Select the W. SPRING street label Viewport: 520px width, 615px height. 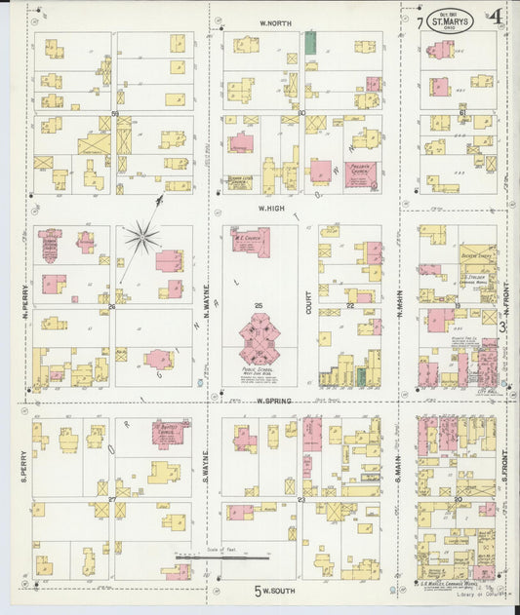point(275,400)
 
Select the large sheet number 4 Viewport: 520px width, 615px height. point(497,17)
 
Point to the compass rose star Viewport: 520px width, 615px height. point(142,236)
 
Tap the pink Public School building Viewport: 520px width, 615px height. point(260,338)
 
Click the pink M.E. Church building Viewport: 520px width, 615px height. point(251,242)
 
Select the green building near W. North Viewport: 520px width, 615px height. point(310,41)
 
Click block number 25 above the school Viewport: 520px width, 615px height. point(259,307)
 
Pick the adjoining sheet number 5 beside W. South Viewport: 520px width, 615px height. point(259,590)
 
